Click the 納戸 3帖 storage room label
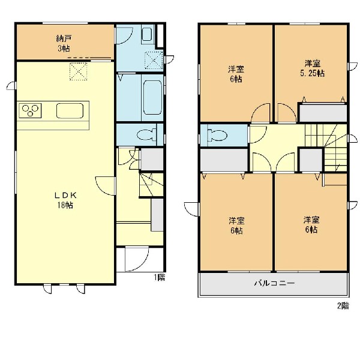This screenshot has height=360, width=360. [x=64, y=43]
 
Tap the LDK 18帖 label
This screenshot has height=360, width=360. [x=65, y=200]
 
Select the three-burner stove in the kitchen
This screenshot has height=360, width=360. [x=30, y=110]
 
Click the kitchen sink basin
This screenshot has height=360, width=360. [x=70, y=110]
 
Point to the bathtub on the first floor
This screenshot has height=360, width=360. [x=152, y=97]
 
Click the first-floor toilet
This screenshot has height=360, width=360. [x=147, y=134]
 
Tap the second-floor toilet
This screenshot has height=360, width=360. [x=217, y=135]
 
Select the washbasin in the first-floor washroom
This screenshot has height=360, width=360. [x=146, y=34]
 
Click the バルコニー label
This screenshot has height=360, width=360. [x=274, y=283]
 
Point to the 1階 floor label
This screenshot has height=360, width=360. [x=160, y=277]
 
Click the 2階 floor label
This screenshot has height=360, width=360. [x=343, y=306]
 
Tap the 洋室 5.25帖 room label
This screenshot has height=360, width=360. [x=313, y=68]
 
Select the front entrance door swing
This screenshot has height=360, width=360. [x=137, y=259]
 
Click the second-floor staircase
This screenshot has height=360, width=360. [x=326, y=147]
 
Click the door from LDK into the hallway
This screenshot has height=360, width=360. [x=106, y=186]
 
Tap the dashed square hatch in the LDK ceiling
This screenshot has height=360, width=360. [x=79, y=71]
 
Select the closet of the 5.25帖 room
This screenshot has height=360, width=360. [x=323, y=113]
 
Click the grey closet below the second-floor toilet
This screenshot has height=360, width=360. [x=224, y=160]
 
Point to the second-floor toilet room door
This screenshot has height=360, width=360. [x=257, y=134]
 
